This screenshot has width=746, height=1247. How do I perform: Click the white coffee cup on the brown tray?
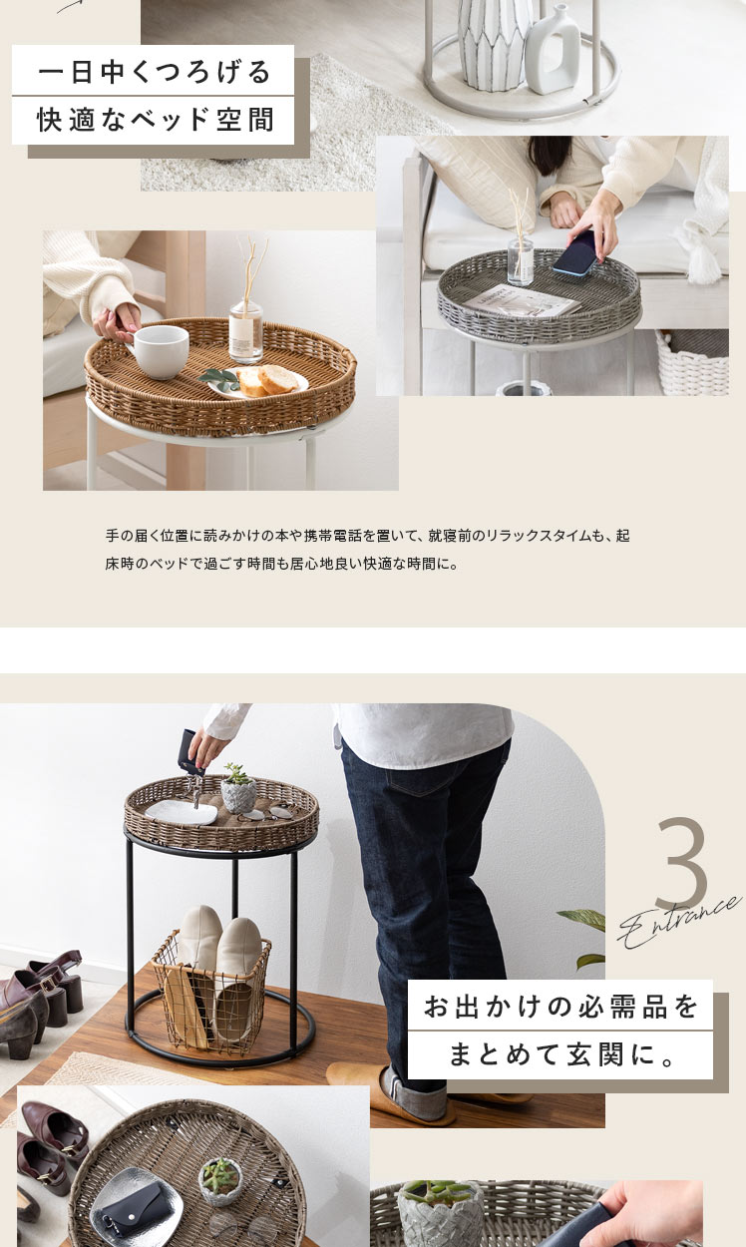pos(160,351)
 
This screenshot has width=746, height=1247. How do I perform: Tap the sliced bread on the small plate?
pos(269,380)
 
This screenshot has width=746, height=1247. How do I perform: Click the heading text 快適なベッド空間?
pos(156,120)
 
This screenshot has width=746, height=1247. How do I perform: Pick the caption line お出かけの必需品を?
pos(560,1007)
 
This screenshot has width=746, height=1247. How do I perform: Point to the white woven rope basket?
pos(692,362)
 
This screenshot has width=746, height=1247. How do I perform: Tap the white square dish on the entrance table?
pos(182,812)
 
